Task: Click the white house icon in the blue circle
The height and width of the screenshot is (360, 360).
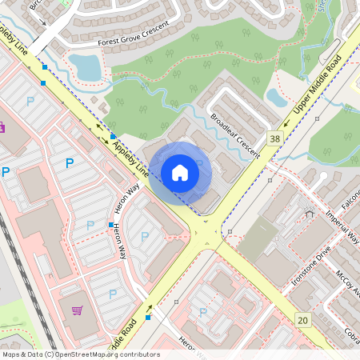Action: pos(180,172)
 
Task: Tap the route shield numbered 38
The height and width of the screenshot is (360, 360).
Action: pos(276,138)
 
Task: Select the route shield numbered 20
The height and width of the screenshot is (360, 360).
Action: pos(302,320)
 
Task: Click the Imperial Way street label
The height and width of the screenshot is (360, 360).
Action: pos(342,227)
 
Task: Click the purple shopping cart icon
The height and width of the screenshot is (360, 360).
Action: pos(77,310)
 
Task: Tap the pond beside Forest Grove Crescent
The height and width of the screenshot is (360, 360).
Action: pos(86,67)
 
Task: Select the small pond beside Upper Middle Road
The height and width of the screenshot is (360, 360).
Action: pos(277,98)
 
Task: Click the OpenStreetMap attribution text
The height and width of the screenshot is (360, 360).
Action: pos(80,354)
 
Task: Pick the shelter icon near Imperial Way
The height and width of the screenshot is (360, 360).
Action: pos(310,214)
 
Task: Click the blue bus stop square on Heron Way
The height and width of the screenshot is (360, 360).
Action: pos(110,225)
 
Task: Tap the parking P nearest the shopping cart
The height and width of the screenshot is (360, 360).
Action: pos(112,294)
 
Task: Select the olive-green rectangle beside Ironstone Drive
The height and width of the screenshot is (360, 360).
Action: pos(258,238)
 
